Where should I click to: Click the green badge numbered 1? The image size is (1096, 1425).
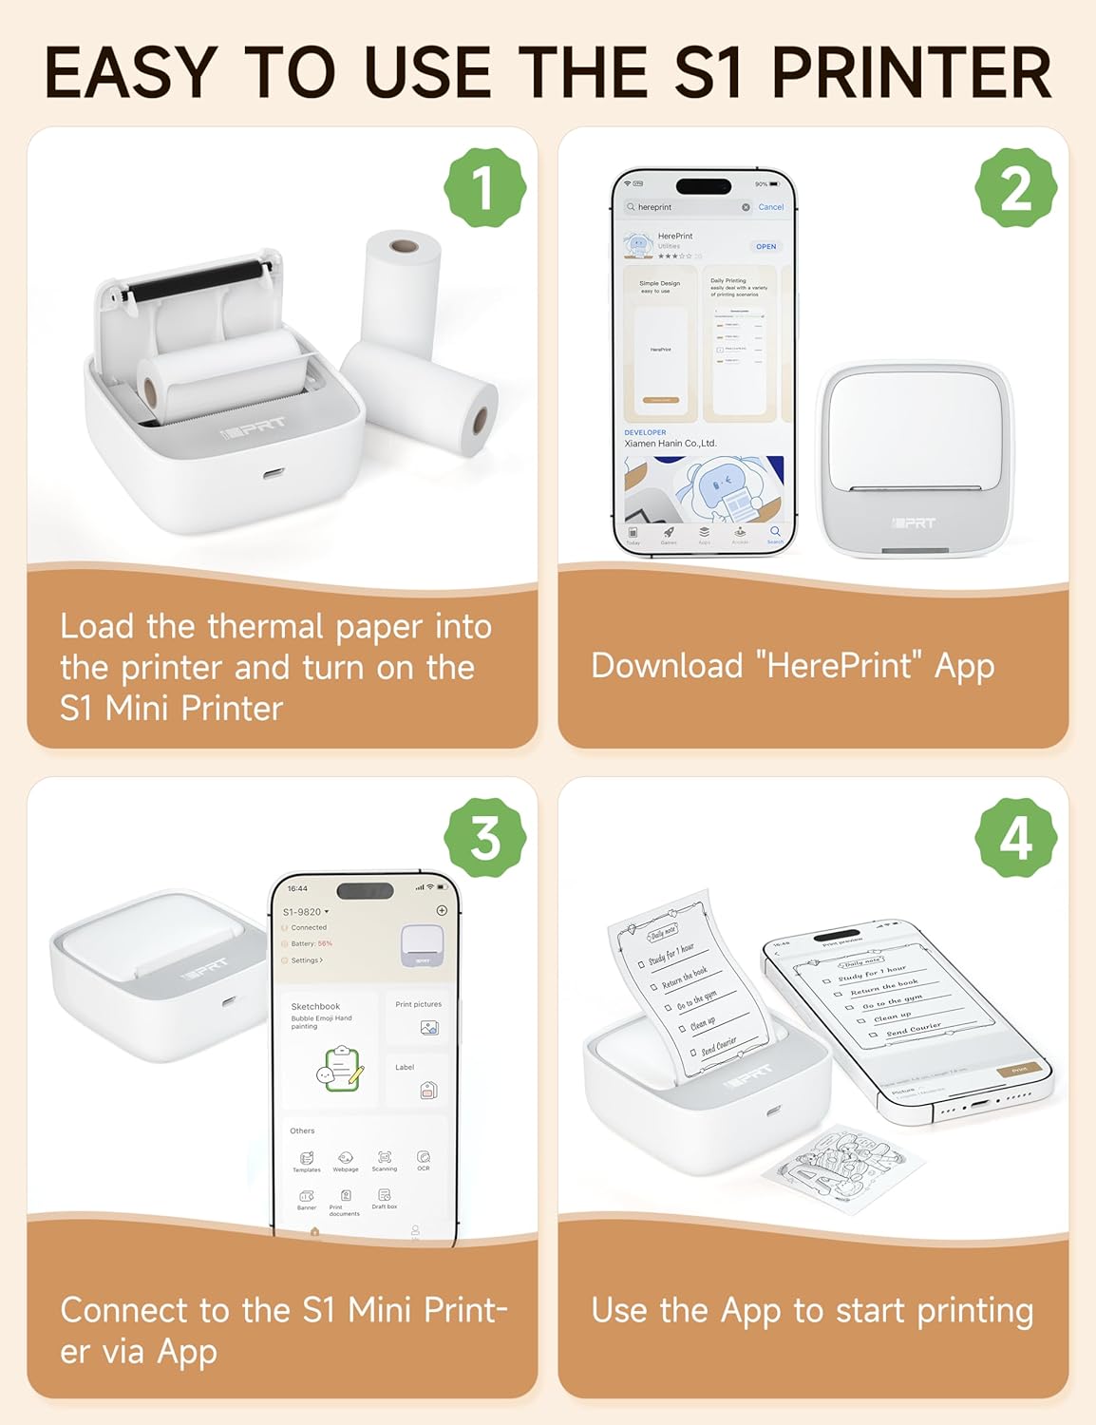[x=484, y=187]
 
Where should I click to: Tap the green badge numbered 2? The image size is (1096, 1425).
[x=1015, y=187]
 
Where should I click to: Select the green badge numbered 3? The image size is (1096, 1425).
[x=484, y=838]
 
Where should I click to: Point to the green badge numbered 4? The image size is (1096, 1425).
[x=1015, y=838]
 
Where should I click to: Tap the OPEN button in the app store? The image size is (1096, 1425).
[x=765, y=246]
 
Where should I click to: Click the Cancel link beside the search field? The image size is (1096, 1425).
[x=770, y=207]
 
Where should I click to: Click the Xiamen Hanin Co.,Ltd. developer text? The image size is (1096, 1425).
[x=670, y=444]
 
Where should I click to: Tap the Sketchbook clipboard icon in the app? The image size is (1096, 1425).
[x=341, y=1068]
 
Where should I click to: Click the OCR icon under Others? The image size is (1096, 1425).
[x=424, y=1159]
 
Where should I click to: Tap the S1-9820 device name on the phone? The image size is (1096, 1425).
[x=304, y=912]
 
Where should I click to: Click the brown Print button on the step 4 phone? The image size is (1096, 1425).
[x=1018, y=1070]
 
